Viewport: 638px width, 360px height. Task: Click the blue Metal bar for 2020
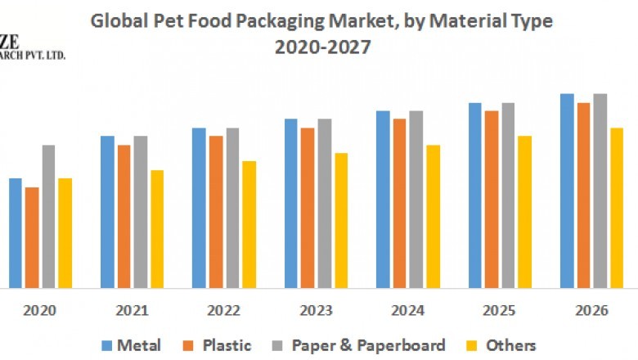[x=15, y=233]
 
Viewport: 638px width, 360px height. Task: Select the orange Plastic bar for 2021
[x=124, y=217]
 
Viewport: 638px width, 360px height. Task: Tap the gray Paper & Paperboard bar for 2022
[x=232, y=208]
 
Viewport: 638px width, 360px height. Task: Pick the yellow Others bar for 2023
[x=340, y=220]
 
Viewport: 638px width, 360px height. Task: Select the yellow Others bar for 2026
[x=617, y=208]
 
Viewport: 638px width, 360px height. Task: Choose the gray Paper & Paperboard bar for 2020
[x=48, y=217]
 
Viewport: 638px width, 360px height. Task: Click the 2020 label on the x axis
[x=40, y=311]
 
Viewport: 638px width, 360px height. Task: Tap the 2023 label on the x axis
[x=316, y=311]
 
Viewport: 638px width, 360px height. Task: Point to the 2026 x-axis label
[x=591, y=311]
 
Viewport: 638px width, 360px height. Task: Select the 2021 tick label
[x=132, y=311]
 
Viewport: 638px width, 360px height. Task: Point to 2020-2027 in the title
[x=322, y=47]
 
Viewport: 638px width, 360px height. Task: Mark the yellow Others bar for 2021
[x=157, y=229]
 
